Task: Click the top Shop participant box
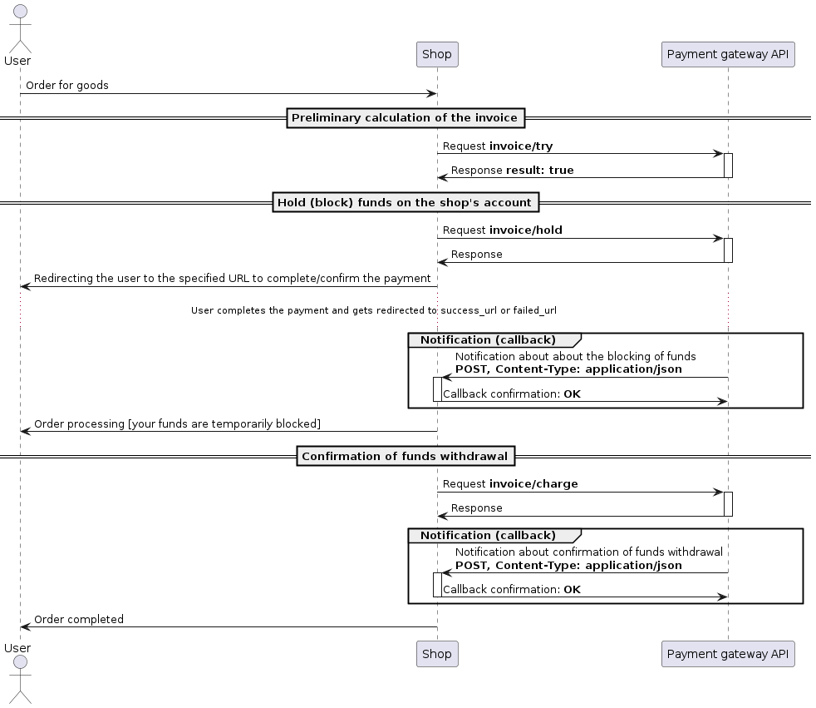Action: pyautogui.click(x=436, y=54)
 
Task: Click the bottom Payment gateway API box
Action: pyautogui.click(x=727, y=654)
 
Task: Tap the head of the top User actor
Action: pyautogui.click(x=18, y=12)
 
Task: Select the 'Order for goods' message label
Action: pyautogui.click(x=66, y=86)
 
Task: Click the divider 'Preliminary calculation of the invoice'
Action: pyautogui.click(x=405, y=118)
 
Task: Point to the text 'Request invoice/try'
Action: pyautogui.click(x=497, y=146)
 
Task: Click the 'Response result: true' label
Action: pyautogui.click(x=512, y=171)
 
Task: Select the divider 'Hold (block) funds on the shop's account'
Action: pyautogui.click(x=405, y=202)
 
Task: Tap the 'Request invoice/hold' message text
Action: pyautogui.click(x=502, y=230)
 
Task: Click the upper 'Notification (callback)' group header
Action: pyautogui.click(x=488, y=339)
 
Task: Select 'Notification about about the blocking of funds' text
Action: pyautogui.click(x=575, y=356)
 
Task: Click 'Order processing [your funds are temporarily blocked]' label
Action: pyautogui.click(x=177, y=423)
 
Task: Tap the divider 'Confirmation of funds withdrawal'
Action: pyautogui.click(x=405, y=456)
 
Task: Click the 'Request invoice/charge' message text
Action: pyautogui.click(x=509, y=483)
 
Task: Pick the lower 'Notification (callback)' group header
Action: pyautogui.click(x=488, y=535)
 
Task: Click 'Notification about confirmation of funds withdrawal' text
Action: pyautogui.click(x=588, y=552)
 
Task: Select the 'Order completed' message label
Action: pyautogui.click(x=78, y=619)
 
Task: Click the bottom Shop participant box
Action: pyautogui.click(x=436, y=654)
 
